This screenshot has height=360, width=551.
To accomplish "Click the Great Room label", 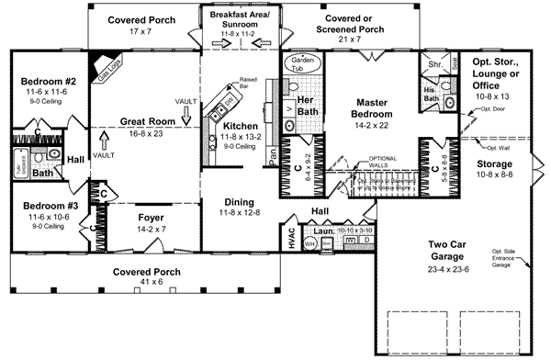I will point(145,120).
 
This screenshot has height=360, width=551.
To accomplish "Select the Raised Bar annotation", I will point(248,85).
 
